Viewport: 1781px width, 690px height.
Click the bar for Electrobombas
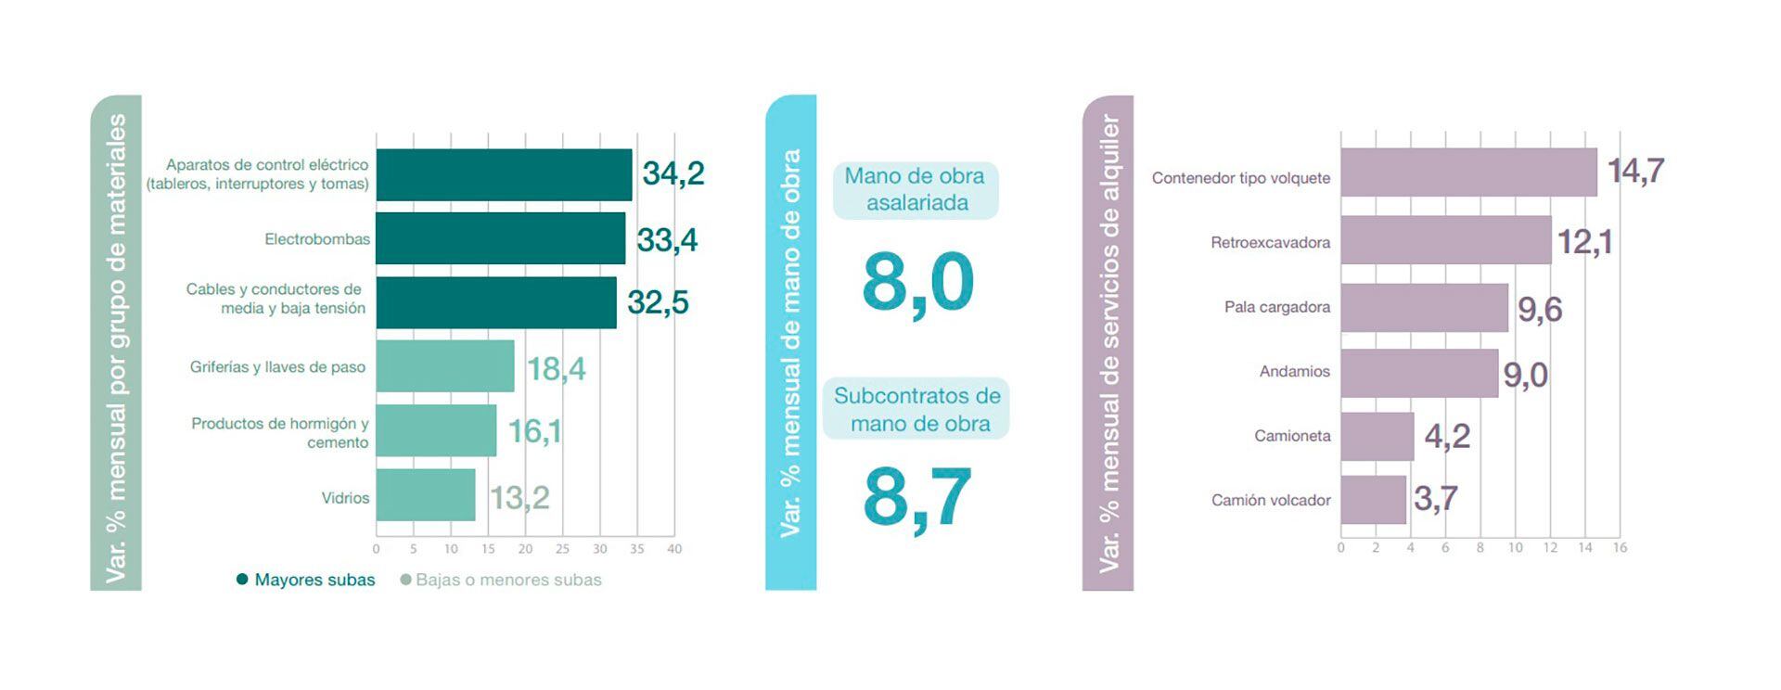[x=501, y=238]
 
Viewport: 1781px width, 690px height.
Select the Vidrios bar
[x=426, y=495]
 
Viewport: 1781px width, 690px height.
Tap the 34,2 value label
[x=673, y=173]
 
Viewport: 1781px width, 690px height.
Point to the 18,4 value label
[x=557, y=369]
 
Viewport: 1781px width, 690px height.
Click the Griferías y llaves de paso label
[x=277, y=367]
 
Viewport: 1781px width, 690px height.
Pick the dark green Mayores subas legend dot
[x=242, y=580]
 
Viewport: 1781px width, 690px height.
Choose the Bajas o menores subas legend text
[x=508, y=581]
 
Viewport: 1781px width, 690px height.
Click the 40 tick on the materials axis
[x=674, y=549]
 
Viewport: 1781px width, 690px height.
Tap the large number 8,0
[x=917, y=283]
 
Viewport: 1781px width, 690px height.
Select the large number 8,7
[x=917, y=498]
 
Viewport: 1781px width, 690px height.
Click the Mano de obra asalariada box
[x=916, y=190]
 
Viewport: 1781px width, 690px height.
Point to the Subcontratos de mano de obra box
[x=916, y=409]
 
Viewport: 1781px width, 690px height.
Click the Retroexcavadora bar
[x=1445, y=240]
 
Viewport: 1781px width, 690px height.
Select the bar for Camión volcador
[x=1374, y=500]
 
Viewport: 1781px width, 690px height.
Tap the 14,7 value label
[x=1636, y=172]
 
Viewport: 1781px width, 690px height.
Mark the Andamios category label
[x=1294, y=372]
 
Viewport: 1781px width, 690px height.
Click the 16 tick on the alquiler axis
[x=1620, y=548]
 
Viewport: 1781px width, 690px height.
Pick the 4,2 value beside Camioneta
[x=1447, y=436]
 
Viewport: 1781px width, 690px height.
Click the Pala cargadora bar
[x=1424, y=307]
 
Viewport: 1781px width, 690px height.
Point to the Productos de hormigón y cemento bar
[x=436, y=430]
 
